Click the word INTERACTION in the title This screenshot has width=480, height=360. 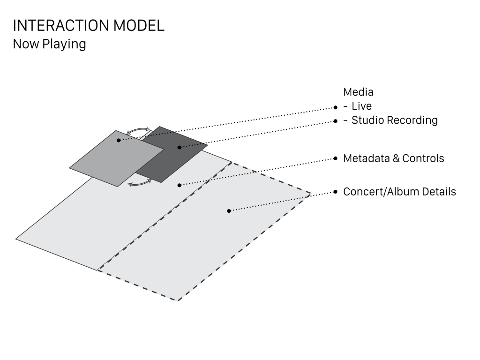click(61, 25)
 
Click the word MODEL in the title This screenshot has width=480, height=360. click(139, 25)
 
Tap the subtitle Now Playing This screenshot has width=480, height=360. click(49, 44)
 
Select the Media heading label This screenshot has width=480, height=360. click(358, 92)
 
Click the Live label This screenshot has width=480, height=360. click(361, 106)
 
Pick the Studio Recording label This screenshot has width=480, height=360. click(395, 120)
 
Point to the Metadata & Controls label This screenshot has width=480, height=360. click(394, 158)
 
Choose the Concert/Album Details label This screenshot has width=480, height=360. click(399, 192)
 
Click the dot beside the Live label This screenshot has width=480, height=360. click(336, 107)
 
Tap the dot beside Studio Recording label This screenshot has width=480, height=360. click(336, 121)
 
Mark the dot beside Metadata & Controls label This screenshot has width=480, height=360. click(336, 158)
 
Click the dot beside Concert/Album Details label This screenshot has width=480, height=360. click(336, 192)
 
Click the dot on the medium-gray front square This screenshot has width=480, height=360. click(119, 140)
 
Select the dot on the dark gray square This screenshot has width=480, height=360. click(180, 147)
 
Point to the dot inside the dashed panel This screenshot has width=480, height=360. click(229, 210)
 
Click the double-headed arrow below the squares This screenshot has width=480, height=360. click(140, 183)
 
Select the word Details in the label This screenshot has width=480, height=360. click(439, 192)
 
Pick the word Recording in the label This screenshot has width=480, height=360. click(412, 120)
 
